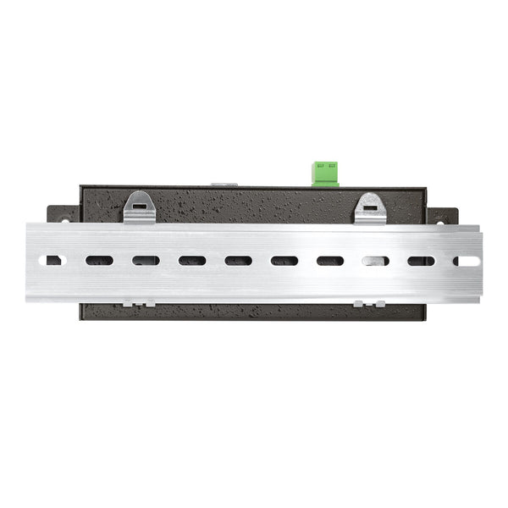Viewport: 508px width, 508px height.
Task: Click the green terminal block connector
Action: (x=325, y=173)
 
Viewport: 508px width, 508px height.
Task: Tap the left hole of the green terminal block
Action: (x=320, y=167)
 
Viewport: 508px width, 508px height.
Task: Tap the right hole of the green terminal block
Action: (x=330, y=167)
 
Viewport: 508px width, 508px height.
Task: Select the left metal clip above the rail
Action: (x=139, y=207)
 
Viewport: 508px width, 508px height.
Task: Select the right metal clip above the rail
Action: (x=370, y=208)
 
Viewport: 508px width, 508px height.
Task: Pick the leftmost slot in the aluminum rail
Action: (x=53, y=261)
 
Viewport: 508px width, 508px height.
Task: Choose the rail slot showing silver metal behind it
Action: (x=375, y=261)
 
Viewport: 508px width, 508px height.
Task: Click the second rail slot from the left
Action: (x=99, y=261)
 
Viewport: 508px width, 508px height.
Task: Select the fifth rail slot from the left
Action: (x=238, y=261)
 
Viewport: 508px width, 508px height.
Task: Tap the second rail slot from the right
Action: (x=421, y=261)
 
